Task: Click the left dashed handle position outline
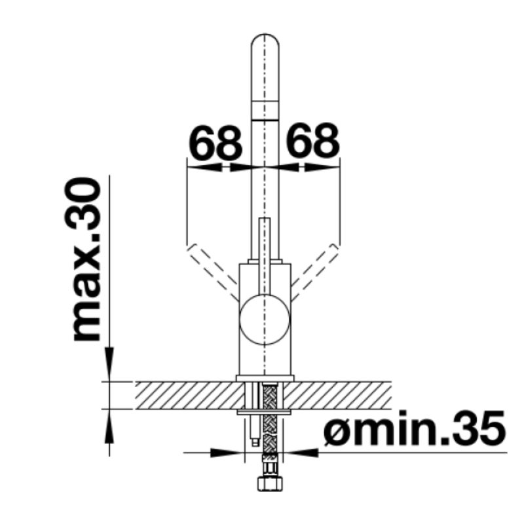(x=211, y=269)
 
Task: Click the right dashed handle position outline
(x=315, y=269)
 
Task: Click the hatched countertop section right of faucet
(x=341, y=394)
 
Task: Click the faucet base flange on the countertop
(x=265, y=377)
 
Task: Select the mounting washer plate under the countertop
(x=265, y=412)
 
